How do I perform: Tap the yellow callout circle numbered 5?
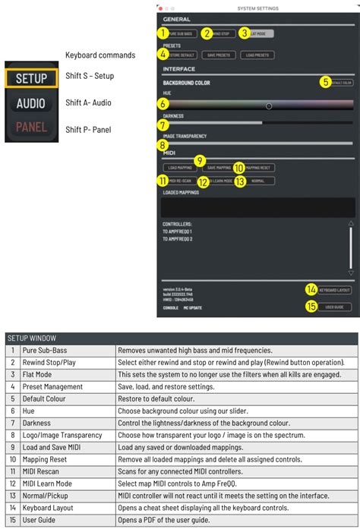(x=324, y=82)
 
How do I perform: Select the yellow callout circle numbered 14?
(x=311, y=289)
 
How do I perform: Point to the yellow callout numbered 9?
(x=199, y=161)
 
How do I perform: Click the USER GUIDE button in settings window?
(x=334, y=307)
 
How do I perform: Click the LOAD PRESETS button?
(x=256, y=55)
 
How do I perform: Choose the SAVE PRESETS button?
(x=219, y=55)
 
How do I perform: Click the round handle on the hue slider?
(x=269, y=105)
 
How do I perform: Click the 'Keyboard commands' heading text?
(x=100, y=55)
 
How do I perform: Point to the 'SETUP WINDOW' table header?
(x=32, y=338)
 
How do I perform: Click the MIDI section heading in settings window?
(x=170, y=153)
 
